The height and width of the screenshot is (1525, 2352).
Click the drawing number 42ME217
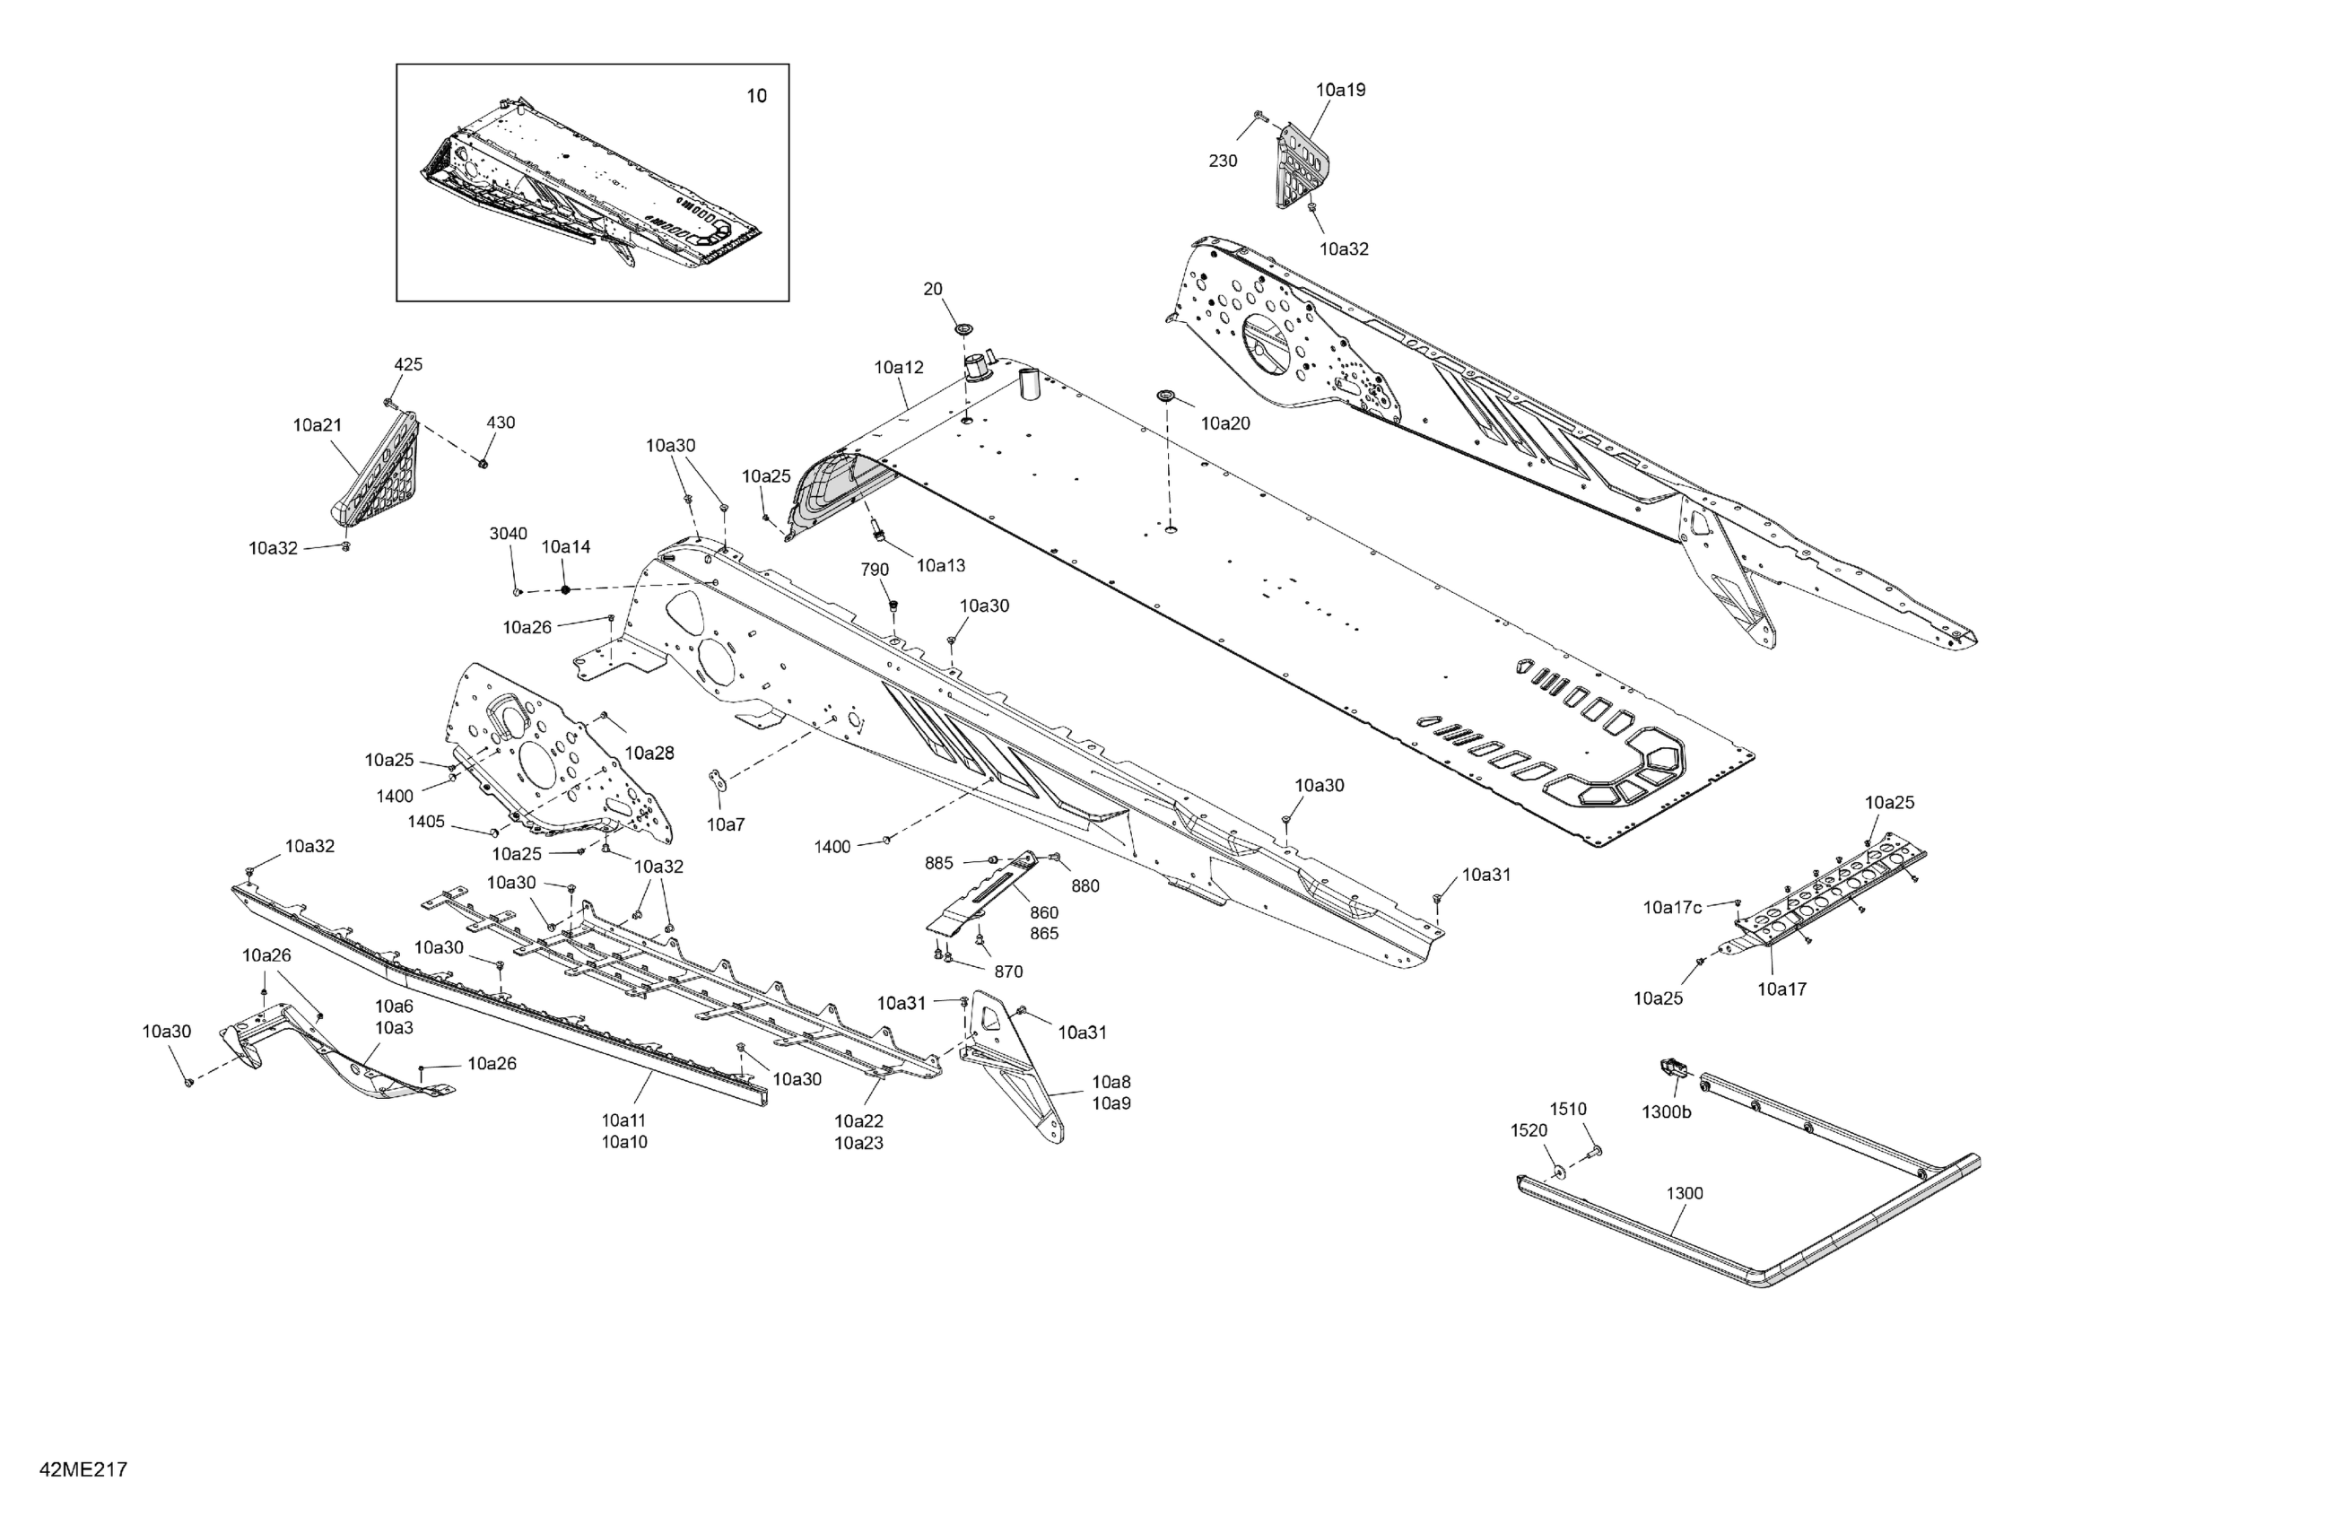(83, 1469)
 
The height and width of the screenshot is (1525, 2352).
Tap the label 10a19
(1340, 90)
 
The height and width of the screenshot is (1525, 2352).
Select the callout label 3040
(508, 534)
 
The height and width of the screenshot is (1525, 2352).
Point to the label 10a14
(565, 546)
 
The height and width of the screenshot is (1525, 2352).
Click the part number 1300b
(1666, 1111)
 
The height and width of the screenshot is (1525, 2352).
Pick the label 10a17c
(1672, 907)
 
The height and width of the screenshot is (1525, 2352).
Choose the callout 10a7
(726, 824)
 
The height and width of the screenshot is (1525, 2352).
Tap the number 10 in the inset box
(755, 96)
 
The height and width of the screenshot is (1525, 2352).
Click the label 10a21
(318, 425)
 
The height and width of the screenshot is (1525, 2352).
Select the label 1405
(426, 822)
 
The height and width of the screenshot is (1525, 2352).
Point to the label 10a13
(940, 565)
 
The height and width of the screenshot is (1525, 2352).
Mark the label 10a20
(1224, 423)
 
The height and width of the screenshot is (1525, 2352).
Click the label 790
(875, 570)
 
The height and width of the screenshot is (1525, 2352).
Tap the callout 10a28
(649, 754)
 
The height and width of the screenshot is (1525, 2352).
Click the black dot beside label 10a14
(565, 590)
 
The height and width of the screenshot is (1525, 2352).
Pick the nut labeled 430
(483, 463)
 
